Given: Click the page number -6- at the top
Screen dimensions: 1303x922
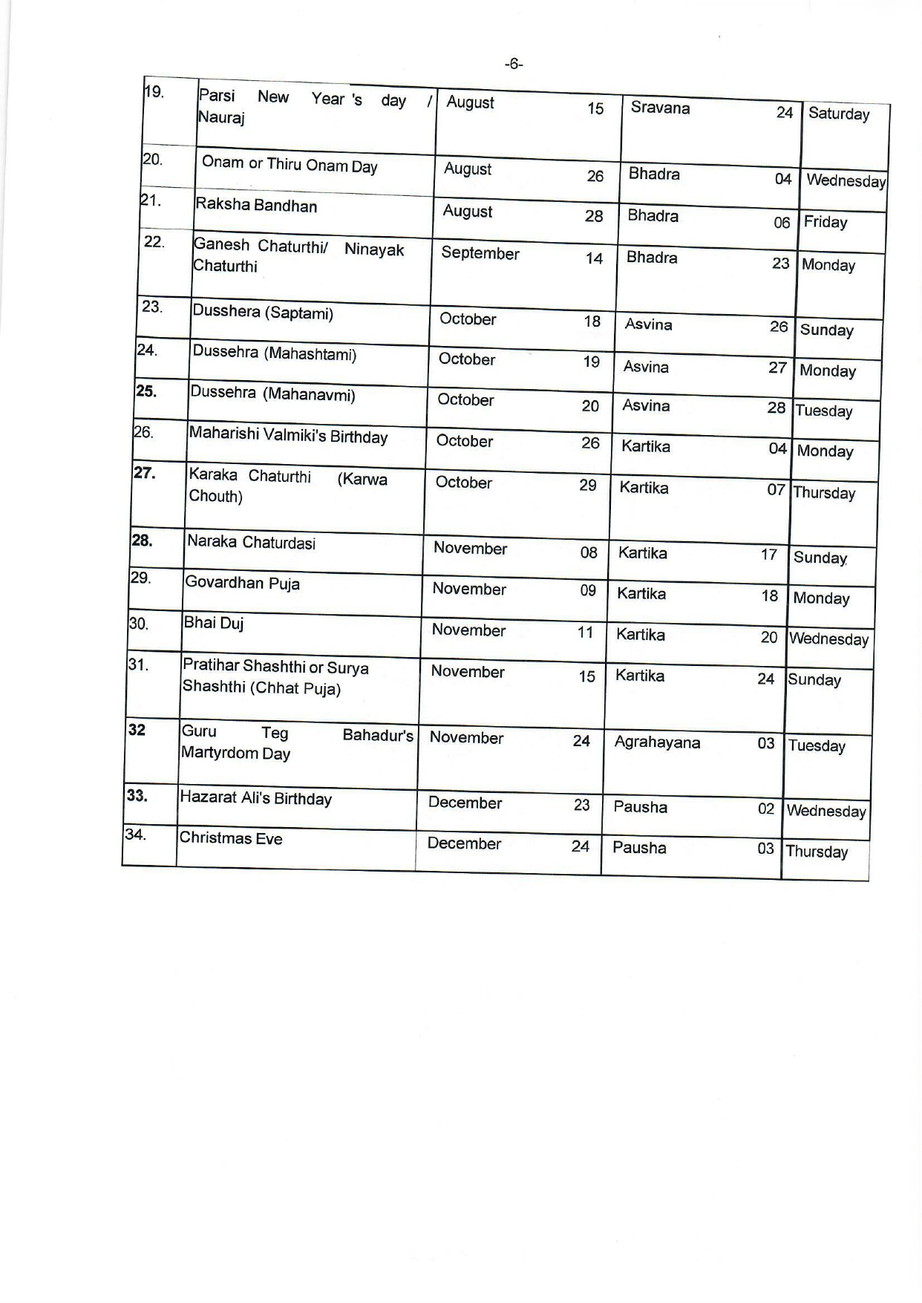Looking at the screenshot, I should (x=513, y=65).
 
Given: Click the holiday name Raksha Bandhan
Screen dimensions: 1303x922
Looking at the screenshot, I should (x=256, y=205).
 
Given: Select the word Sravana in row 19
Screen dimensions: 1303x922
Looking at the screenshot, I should (x=660, y=108).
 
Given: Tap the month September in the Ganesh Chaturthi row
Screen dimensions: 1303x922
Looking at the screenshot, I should (x=480, y=253).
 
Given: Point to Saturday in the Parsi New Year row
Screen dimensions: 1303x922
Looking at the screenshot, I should (x=839, y=114).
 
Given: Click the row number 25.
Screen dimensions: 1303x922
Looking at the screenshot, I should (x=146, y=391).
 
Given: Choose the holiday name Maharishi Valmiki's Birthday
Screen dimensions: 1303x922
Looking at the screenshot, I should (x=288, y=435).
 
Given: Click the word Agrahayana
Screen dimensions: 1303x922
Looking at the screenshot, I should (x=657, y=742).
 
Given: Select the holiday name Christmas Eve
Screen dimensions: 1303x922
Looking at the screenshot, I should (x=231, y=838).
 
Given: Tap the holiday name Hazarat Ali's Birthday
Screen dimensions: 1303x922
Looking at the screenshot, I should (x=256, y=799).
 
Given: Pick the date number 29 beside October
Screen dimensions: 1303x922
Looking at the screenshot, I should (x=587, y=485).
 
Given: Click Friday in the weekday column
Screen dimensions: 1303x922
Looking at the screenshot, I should (x=825, y=222).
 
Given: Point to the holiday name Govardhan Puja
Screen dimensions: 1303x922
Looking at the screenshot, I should (x=243, y=583).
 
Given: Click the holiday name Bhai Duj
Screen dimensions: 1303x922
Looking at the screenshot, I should (x=214, y=623).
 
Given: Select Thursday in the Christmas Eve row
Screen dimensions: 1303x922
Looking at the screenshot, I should (x=817, y=852).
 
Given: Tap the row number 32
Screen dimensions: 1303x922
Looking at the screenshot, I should (x=137, y=730).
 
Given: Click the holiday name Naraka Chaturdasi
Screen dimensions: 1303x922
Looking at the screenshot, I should (x=251, y=542).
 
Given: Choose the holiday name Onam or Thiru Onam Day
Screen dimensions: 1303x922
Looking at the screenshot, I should (x=290, y=165).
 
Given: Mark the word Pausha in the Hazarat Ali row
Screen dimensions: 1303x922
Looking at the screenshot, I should (x=640, y=807).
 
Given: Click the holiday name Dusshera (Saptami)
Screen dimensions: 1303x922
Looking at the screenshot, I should (x=263, y=312).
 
